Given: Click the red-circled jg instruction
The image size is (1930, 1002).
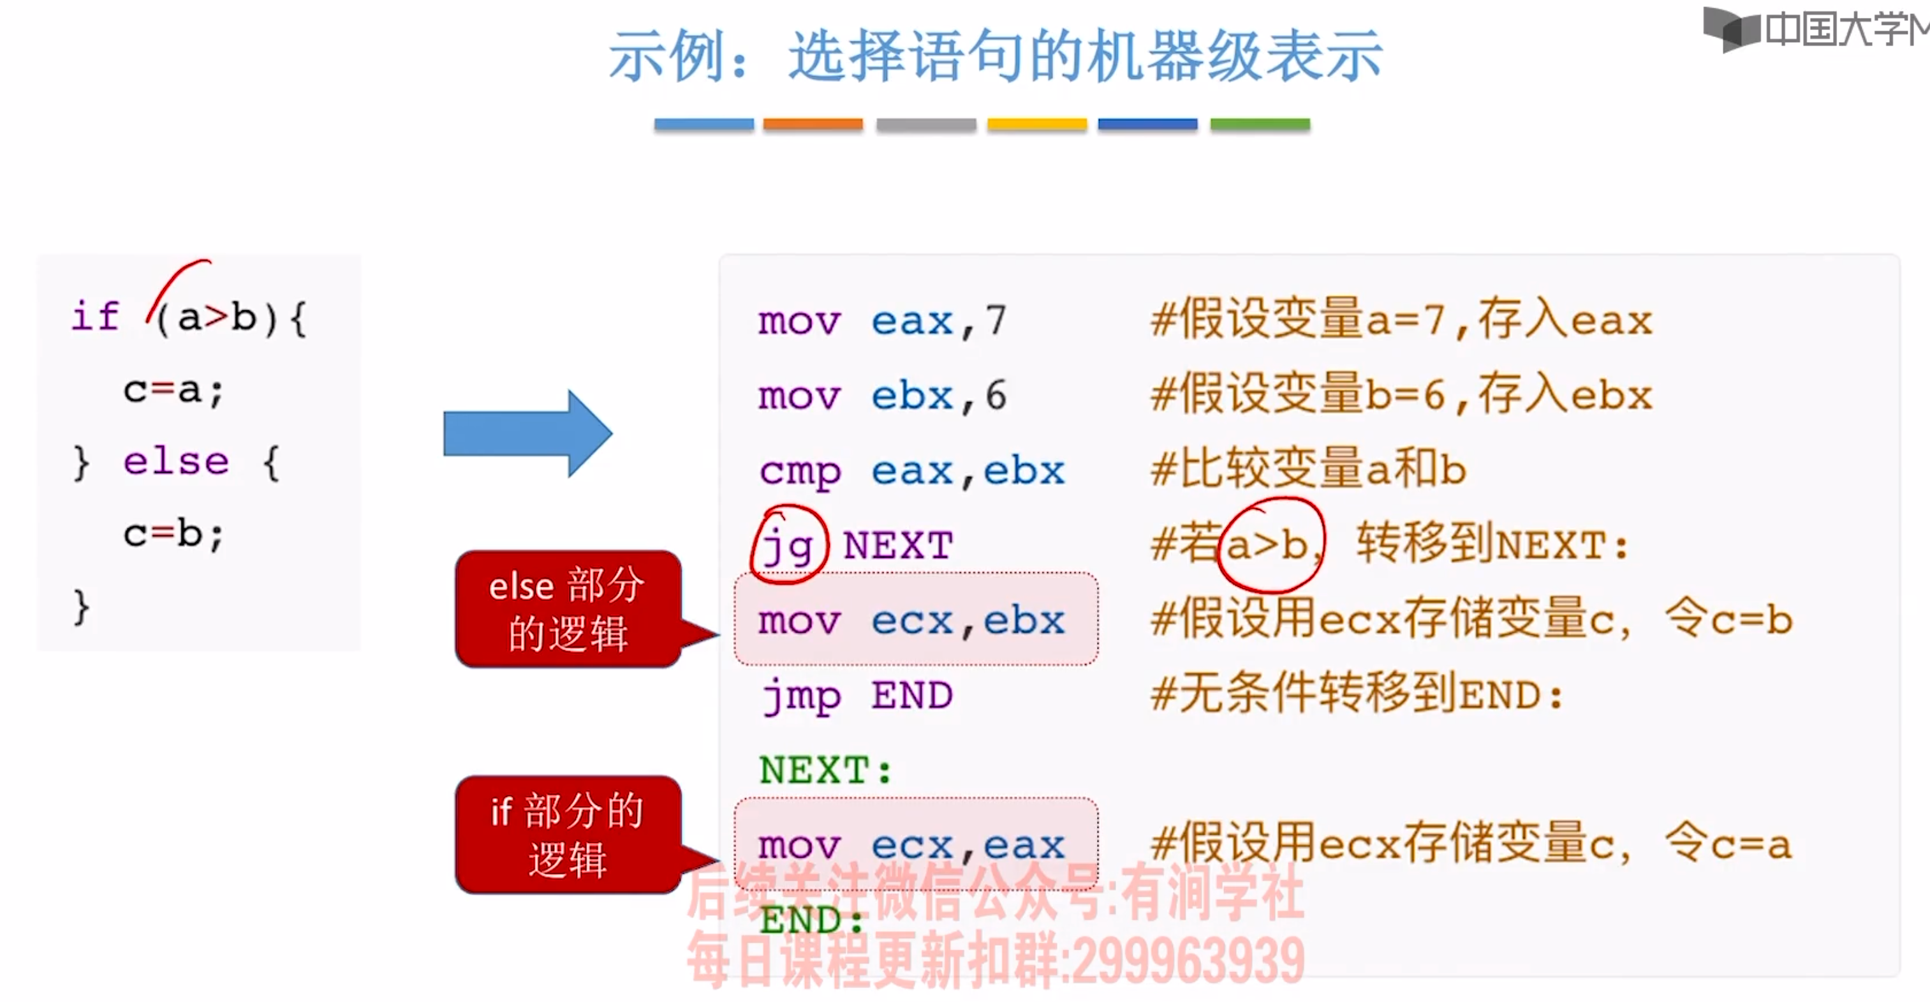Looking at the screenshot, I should point(788,545).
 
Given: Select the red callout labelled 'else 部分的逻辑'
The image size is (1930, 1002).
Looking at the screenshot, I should point(568,609).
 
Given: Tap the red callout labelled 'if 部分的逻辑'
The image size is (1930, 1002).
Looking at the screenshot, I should point(568,834).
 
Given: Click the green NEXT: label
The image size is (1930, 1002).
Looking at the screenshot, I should point(825,770).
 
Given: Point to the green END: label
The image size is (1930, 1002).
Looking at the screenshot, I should point(811,920).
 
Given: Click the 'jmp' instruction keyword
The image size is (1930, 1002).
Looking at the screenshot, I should point(800,696).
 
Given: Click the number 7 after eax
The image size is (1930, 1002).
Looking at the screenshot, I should point(996,321).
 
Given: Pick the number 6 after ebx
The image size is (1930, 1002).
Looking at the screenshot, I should point(996,396).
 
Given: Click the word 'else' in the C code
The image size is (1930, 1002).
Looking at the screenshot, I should point(176,461).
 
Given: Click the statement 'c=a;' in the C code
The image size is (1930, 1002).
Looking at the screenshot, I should point(173,390).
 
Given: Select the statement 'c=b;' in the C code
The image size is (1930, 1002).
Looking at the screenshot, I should point(173,534).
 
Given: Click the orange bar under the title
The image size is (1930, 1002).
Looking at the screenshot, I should point(813,124).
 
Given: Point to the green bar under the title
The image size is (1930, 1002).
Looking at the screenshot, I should point(1260,124).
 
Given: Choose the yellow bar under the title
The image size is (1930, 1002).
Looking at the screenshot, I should point(1036,124).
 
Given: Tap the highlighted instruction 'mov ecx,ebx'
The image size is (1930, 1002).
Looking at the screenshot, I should point(911,620).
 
